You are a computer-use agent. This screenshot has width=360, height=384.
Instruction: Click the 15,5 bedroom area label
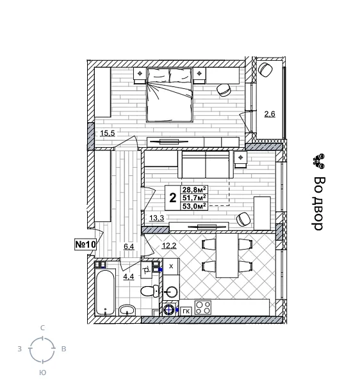pyautogui.click(x=107, y=133)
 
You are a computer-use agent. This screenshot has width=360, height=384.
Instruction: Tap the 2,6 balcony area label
pyautogui.click(x=270, y=114)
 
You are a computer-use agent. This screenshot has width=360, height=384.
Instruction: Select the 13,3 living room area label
pyautogui.click(x=156, y=218)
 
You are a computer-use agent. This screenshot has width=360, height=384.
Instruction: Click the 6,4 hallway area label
pyautogui.click(x=129, y=246)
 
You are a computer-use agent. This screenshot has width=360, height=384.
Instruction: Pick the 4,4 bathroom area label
pyautogui.click(x=128, y=276)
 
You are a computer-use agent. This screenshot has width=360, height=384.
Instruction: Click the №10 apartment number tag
pyautogui.click(x=85, y=244)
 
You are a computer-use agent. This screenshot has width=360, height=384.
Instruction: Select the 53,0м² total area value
pyautogui.click(x=194, y=206)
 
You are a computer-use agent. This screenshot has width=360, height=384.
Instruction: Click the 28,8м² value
pyautogui.click(x=194, y=190)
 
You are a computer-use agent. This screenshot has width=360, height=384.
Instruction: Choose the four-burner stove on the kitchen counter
pyautogui.click(x=203, y=308)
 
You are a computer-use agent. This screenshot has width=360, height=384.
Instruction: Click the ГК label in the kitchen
pyautogui.click(x=186, y=311)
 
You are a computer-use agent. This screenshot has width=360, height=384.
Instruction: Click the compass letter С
pyautogui.click(x=43, y=328)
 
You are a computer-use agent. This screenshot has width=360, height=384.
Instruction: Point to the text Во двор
pyautogui.click(x=318, y=204)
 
